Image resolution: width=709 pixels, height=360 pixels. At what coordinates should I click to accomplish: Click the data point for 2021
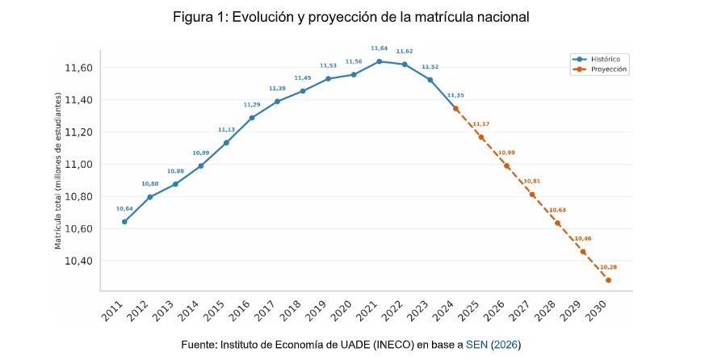click(380, 61)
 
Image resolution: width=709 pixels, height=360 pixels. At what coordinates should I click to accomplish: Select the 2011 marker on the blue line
click(124, 222)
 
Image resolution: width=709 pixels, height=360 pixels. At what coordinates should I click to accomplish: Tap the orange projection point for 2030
click(608, 280)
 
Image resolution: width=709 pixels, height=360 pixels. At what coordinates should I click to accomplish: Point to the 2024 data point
click(455, 108)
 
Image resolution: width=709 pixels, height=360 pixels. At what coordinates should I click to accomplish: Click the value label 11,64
click(380, 48)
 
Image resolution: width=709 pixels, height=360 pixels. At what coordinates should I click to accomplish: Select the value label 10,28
click(608, 267)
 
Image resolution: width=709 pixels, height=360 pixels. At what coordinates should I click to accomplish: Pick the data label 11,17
click(481, 124)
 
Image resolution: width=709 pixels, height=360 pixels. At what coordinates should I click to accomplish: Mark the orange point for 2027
click(532, 195)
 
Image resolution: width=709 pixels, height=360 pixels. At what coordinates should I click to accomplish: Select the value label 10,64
click(124, 209)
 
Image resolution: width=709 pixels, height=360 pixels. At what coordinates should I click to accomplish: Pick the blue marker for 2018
click(303, 91)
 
